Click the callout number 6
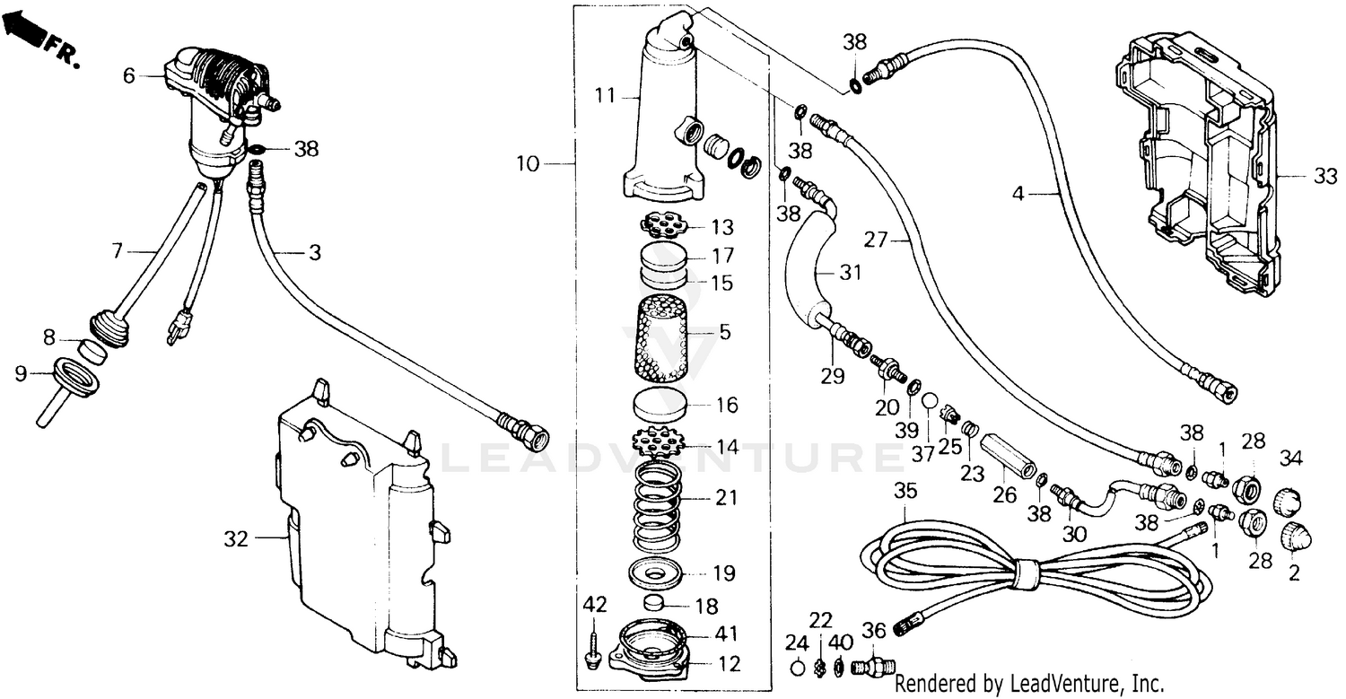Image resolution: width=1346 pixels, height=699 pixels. coord(129,76)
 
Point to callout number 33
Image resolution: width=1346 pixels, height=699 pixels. coord(1324,178)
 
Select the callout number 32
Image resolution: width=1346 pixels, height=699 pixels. coord(235,539)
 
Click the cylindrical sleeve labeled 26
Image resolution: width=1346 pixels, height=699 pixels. coord(1005,457)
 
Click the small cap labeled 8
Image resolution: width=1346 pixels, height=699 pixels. coord(90,348)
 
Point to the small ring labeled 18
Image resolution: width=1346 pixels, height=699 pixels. coord(659,602)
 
